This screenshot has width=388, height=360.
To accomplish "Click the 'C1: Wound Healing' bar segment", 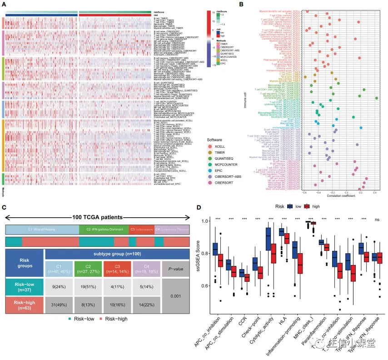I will click(42, 230).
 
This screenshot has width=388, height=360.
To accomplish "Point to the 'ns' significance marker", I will click(377, 220).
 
